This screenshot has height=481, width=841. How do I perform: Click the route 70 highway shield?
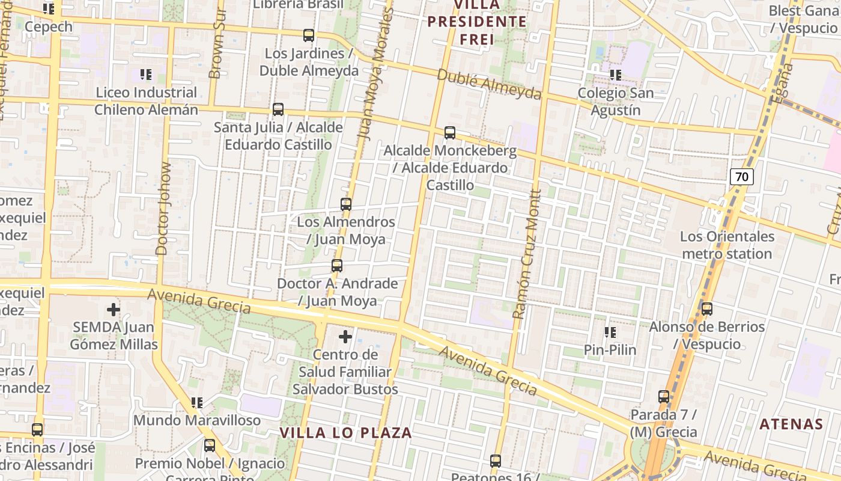coord(742,177)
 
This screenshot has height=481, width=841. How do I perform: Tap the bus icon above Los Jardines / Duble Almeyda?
coord(309,35)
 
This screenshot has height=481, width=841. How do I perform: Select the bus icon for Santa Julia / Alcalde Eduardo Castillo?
coord(278,109)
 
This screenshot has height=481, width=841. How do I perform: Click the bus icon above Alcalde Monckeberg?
coord(449,133)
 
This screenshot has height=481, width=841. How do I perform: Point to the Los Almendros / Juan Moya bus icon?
coord(346,204)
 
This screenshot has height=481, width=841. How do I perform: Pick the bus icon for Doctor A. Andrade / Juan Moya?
coord(337,265)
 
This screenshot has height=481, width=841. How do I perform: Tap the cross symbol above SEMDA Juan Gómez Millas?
coord(114,310)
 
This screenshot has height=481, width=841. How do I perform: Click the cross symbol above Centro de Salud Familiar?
coord(345,337)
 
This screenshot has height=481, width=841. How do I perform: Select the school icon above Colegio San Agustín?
coord(615,75)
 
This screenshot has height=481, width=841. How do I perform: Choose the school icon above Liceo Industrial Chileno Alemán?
coord(145,75)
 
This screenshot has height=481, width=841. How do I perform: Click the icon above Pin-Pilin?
coord(610,332)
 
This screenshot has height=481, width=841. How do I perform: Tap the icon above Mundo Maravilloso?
coord(196,402)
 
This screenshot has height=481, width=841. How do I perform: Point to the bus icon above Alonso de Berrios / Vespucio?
coord(707,309)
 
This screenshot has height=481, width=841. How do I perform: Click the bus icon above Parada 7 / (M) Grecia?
coord(664,397)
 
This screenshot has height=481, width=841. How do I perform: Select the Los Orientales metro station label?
coord(727,245)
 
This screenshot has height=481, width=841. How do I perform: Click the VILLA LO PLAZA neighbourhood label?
coord(346,433)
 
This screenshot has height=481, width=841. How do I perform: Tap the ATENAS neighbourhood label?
coord(791,424)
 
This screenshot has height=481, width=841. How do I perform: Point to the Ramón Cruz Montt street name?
coord(527,254)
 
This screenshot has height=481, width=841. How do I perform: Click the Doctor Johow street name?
coord(163,208)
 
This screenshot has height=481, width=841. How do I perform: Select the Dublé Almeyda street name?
coord(489,84)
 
